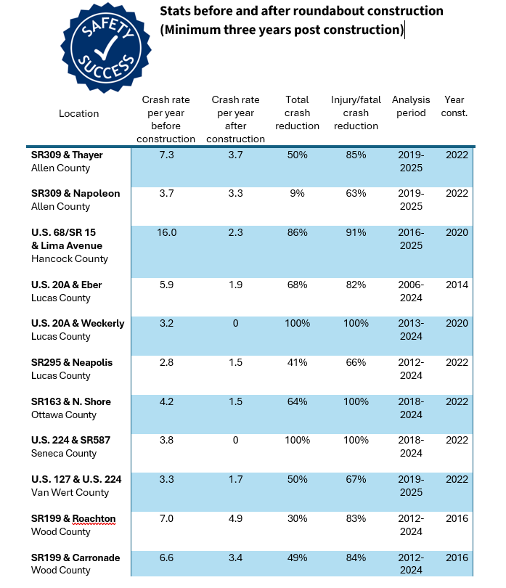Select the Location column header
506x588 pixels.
(x=78, y=113)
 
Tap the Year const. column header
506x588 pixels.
(x=454, y=106)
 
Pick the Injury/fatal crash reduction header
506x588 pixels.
(x=354, y=113)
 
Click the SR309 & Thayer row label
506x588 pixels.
(x=67, y=155)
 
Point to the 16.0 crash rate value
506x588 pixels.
(x=168, y=232)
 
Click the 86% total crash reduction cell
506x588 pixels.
(x=297, y=232)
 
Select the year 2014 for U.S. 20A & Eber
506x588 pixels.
(x=457, y=285)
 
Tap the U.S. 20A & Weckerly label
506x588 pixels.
(x=78, y=323)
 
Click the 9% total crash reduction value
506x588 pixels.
(x=297, y=194)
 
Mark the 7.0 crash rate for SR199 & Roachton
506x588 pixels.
(x=168, y=518)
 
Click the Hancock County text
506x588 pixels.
(x=70, y=258)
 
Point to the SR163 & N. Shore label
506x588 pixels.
(x=71, y=401)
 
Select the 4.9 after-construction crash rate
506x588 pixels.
(x=235, y=518)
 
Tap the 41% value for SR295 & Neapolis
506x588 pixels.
(x=297, y=362)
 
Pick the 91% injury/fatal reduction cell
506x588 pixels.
(x=354, y=232)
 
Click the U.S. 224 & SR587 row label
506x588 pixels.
(x=71, y=441)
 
